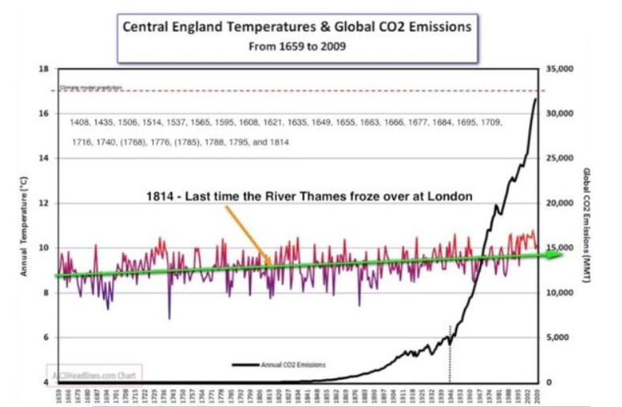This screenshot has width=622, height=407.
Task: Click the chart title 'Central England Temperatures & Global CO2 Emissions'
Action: tap(296, 27)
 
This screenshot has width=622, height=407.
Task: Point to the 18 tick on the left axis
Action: tap(44, 69)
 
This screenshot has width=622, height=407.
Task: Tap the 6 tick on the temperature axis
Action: tap(46, 337)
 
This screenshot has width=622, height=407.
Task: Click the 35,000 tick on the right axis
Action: tap(559, 70)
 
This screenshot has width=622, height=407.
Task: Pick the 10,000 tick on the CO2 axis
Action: tap(559, 293)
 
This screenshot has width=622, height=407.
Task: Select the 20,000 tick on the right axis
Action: tap(559, 203)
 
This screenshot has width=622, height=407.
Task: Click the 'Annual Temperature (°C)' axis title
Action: tap(25, 226)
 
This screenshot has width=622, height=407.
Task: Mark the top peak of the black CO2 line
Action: tap(536, 99)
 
